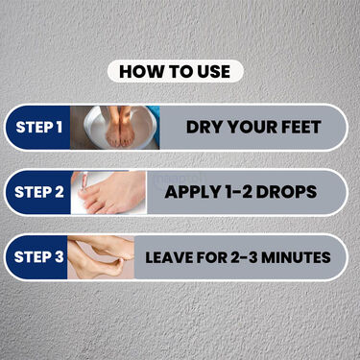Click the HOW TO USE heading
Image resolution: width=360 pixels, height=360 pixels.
click(x=175, y=71)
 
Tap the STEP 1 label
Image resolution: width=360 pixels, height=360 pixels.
click(x=39, y=128)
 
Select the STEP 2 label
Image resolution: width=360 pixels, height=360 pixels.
click(x=39, y=192)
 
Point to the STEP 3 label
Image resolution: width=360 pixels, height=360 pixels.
click(x=38, y=257)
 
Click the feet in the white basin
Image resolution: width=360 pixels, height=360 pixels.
click(x=120, y=128)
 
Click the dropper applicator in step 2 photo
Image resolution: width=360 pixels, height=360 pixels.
click(x=84, y=181)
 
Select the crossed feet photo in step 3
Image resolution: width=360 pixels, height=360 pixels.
click(x=101, y=257)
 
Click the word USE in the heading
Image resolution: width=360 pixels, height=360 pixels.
click(x=214, y=71)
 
